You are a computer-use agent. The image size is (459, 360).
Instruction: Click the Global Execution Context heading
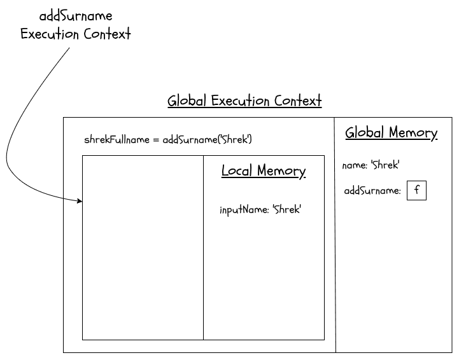[244, 101]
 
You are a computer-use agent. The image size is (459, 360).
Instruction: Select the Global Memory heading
[391, 133]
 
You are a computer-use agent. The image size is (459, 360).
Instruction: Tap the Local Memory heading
[264, 171]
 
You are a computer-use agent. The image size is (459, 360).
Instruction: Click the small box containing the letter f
[416, 190]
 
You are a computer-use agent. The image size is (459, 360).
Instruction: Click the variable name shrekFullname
[117, 139]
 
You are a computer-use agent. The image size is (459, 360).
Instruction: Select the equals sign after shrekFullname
[156, 140]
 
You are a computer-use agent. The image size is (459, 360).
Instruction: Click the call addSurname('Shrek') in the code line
[208, 139]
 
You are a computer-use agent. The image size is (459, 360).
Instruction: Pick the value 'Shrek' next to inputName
[286, 209]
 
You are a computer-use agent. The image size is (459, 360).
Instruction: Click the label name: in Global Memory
[355, 165]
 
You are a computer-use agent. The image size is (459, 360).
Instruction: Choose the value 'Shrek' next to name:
[385, 165]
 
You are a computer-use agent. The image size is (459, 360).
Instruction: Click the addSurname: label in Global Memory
[372, 191]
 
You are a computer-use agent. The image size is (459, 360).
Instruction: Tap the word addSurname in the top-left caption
[76, 16]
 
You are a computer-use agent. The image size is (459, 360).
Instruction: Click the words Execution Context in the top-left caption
[76, 34]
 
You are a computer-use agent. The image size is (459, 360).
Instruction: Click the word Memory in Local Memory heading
[281, 171]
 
